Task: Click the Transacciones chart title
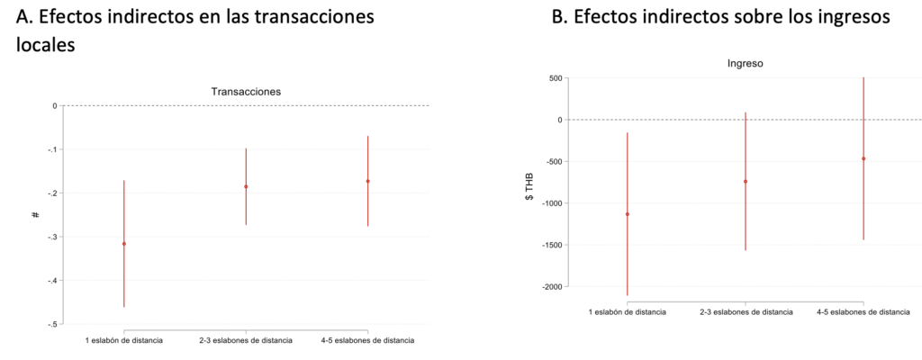[245, 91]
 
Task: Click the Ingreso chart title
[745, 64]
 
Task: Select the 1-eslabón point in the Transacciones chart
[123, 244]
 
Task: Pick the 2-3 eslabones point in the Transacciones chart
[246, 186]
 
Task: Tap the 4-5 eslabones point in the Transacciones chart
[367, 181]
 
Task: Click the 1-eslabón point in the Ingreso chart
[627, 214]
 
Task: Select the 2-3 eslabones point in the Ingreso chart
[746, 181]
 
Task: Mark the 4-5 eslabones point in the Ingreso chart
[863, 158]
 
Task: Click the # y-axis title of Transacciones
[34, 215]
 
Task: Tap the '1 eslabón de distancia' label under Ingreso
[627, 312]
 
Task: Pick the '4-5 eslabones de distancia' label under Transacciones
[367, 341]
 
